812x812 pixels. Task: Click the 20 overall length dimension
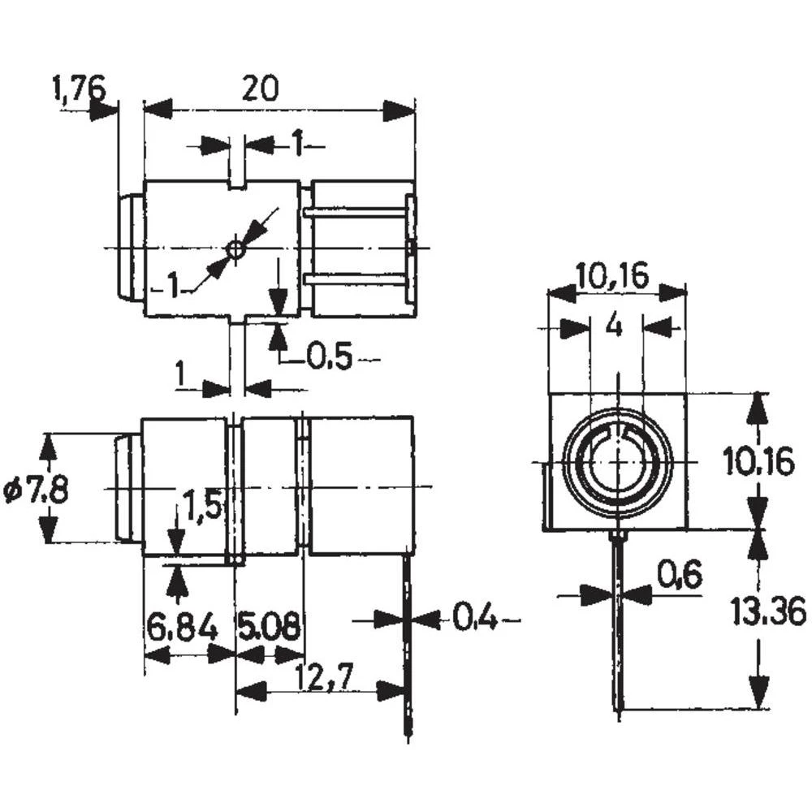tap(260, 88)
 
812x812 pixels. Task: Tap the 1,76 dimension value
tap(79, 88)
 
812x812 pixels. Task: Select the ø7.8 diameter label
tap(37, 490)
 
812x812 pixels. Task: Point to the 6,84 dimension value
tap(183, 627)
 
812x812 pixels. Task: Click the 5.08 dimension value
tap(269, 627)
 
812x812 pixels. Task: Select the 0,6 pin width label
tap(678, 576)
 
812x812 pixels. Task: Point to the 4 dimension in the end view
tap(615, 326)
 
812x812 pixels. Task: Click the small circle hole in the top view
tap(235, 250)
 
